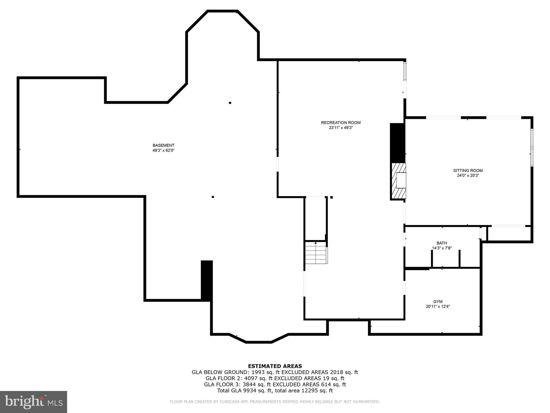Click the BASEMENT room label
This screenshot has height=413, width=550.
[164, 145]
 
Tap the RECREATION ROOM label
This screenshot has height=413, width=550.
[341, 123]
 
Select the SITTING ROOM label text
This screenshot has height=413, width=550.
[468, 170]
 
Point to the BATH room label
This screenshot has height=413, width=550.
[442, 243]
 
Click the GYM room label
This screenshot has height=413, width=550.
[438, 302]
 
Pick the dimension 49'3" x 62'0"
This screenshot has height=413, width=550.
[164, 151]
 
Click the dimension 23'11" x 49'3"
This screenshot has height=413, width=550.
[341, 128]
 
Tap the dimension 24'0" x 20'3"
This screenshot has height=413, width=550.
[468, 176]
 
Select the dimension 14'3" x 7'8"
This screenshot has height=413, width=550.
[442, 248]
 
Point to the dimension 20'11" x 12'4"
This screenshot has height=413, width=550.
[438, 307]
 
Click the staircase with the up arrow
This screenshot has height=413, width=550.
[316, 252]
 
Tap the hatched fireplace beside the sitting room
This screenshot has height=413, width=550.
[399, 180]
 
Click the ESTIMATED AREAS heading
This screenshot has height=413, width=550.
[275, 366]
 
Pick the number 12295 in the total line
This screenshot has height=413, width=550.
[304, 391]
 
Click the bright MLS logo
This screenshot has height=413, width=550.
[34, 402]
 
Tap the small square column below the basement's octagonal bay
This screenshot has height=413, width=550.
[230, 103]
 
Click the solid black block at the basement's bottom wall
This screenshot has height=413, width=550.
[207, 280]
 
